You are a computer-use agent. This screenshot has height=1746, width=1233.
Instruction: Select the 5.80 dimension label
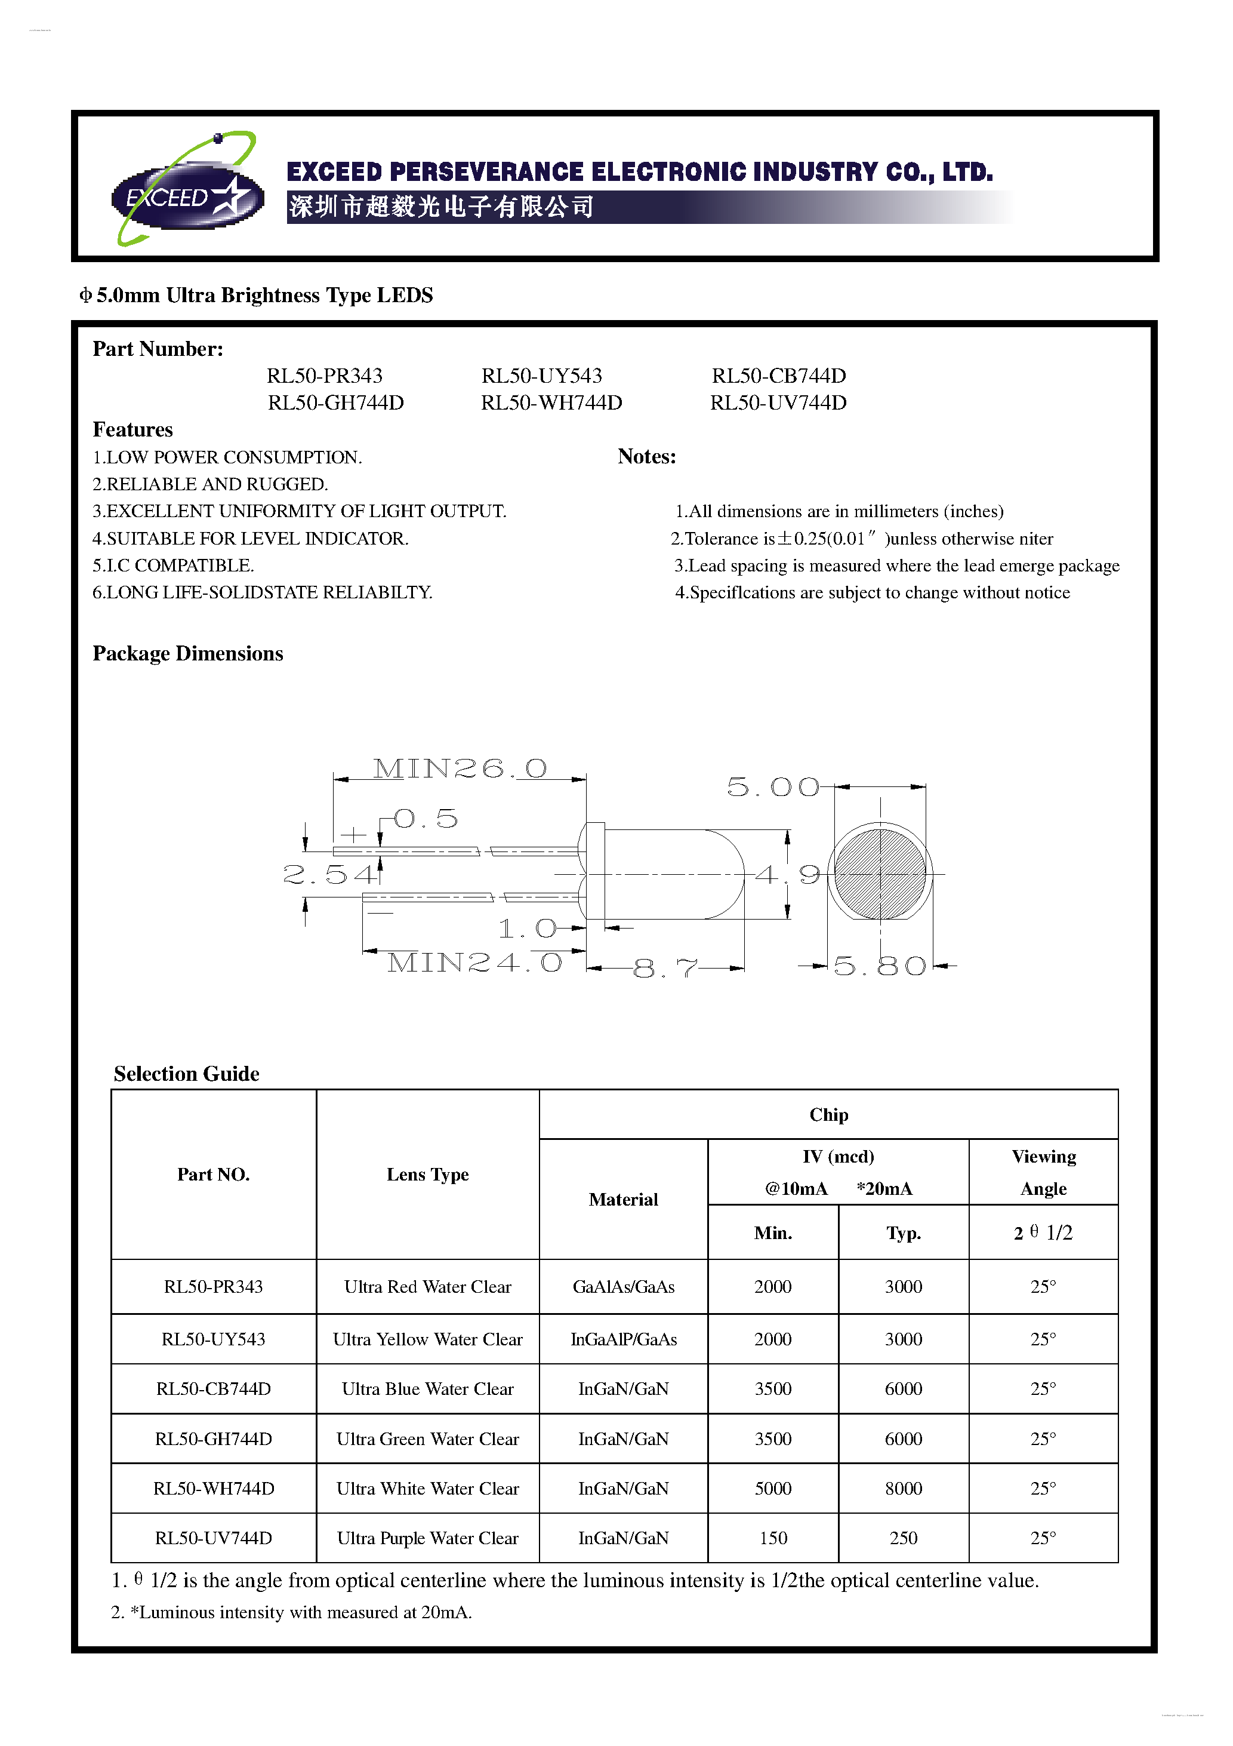(880, 966)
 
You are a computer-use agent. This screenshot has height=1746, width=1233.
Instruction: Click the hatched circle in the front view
(880, 875)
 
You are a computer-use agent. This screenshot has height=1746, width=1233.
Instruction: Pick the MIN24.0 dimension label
(474, 963)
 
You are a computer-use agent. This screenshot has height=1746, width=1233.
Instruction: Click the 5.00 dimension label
(773, 787)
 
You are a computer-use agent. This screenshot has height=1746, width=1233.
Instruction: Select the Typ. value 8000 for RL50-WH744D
(903, 1488)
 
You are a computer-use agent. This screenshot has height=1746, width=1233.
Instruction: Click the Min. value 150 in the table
(773, 1538)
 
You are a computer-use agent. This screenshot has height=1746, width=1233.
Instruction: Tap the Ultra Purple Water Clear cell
(427, 1538)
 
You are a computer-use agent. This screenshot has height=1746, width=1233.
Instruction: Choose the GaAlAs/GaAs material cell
(623, 1287)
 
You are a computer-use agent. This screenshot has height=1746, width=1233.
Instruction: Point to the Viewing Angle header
(1043, 1172)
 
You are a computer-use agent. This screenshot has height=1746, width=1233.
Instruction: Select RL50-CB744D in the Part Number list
(778, 376)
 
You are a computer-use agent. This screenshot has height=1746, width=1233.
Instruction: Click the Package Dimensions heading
(188, 653)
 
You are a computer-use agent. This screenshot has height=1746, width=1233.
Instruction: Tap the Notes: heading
(646, 456)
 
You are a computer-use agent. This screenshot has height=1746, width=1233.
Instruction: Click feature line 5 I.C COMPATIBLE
(173, 565)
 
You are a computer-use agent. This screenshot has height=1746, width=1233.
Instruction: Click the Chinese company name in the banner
(441, 206)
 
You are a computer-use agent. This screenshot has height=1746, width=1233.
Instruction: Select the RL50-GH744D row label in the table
(214, 1438)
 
